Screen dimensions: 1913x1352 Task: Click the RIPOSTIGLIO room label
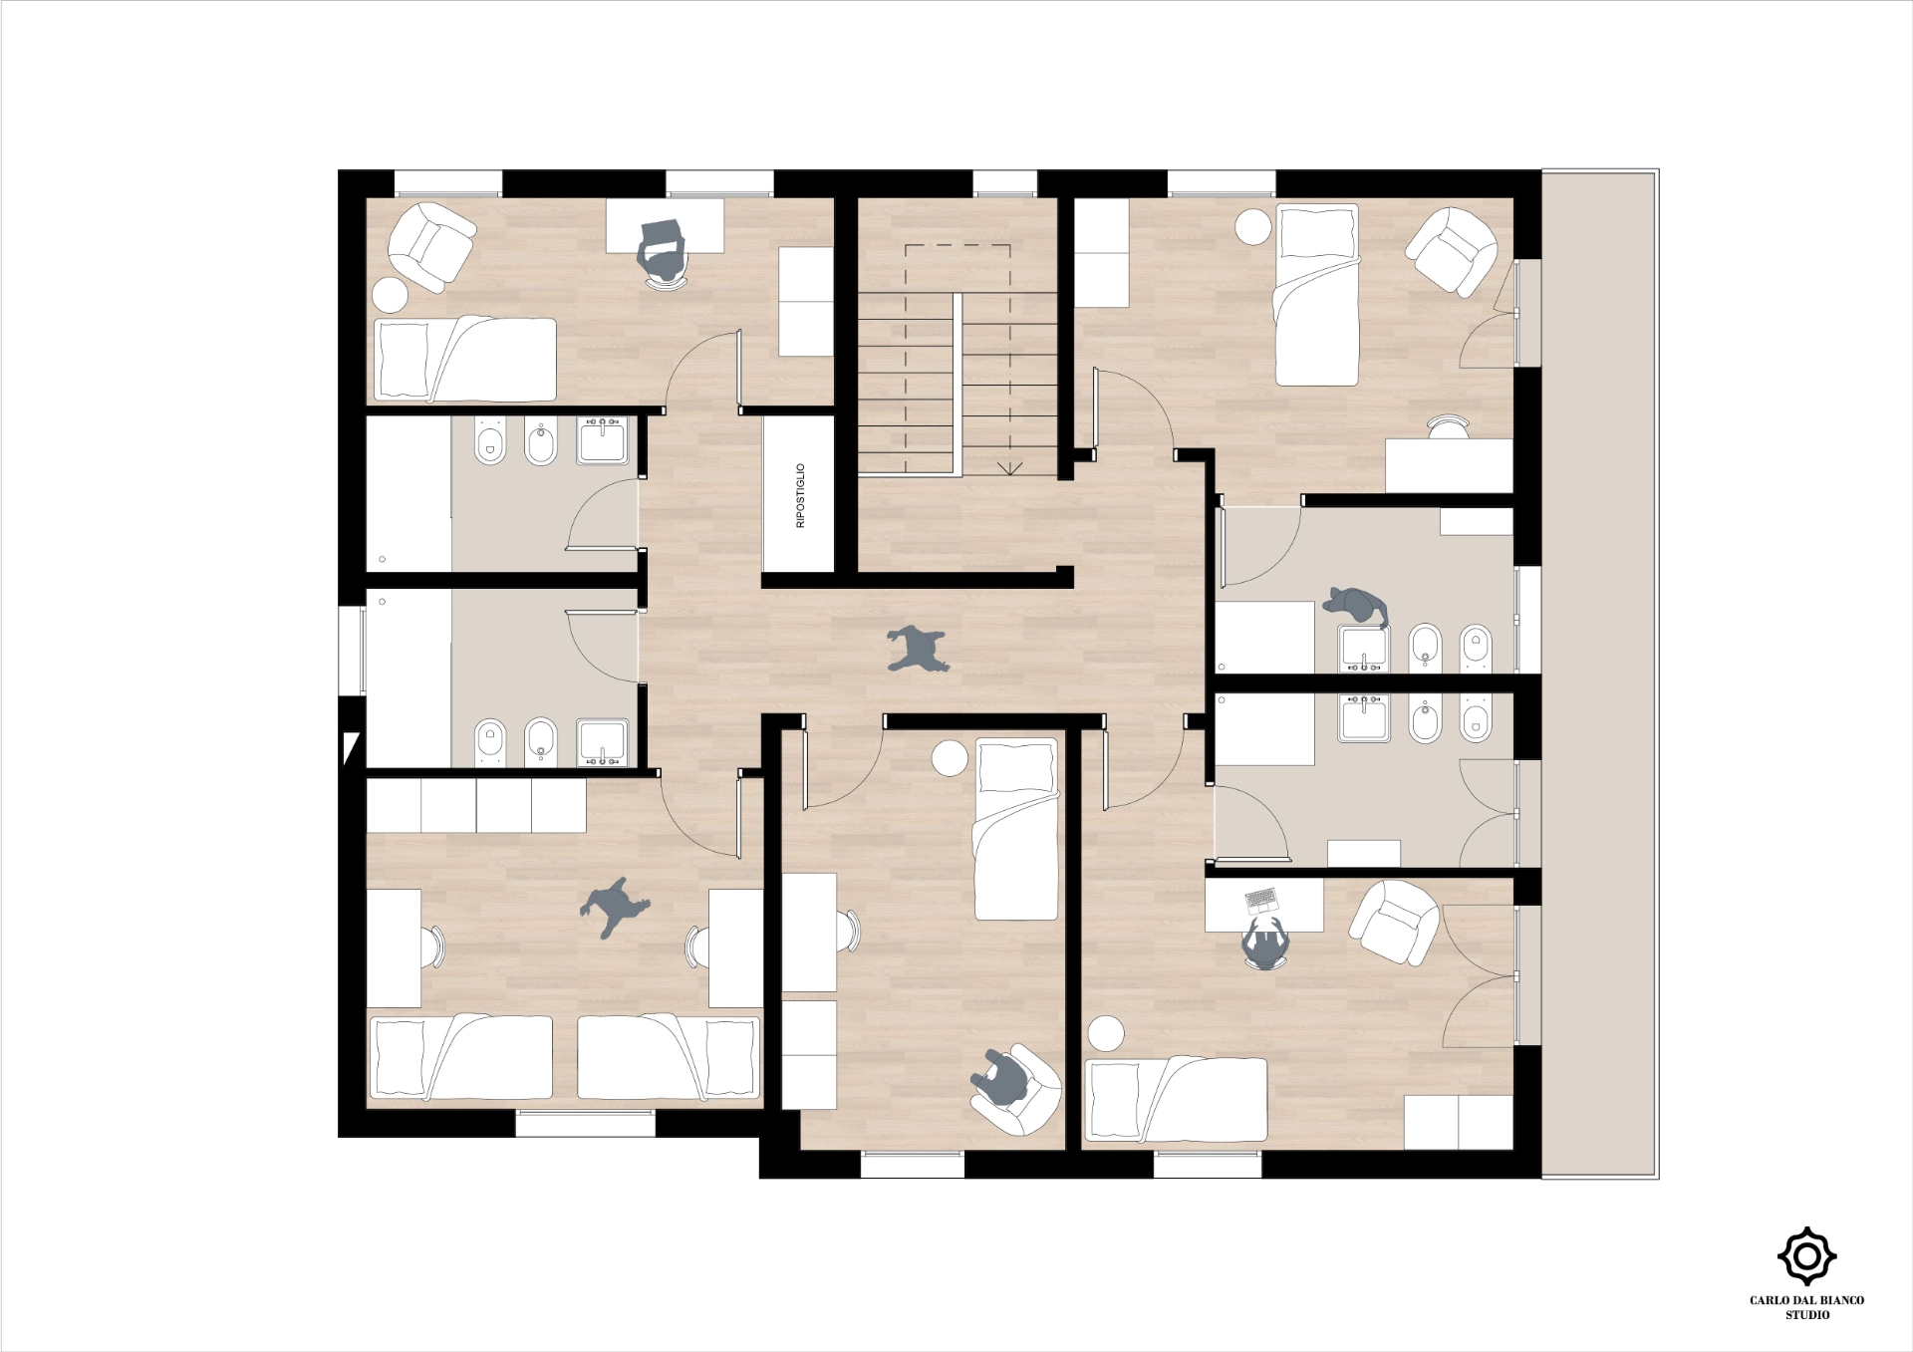coord(800,495)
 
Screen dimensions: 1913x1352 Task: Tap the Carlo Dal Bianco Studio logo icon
coord(1806,1256)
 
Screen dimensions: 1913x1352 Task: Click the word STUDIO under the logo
coord(1807,1315)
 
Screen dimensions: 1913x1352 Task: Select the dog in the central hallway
coord(918,649)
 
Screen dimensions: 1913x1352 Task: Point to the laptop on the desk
coord(1261,901)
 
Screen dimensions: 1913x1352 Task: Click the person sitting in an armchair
coord(1001,1081)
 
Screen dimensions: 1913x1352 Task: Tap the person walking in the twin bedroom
coord(614,907)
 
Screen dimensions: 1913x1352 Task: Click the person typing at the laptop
coord(1265,942)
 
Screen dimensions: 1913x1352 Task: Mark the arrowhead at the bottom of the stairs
coord(1010,468)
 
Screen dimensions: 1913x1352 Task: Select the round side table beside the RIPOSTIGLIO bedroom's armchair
coord(390,295)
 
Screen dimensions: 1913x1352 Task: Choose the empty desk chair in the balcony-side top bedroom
coord(1448,426)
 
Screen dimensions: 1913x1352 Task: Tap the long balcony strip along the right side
coord(1600,675)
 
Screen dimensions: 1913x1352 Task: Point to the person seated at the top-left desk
coord(662,253)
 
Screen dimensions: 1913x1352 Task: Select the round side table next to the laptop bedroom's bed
coord(1106,1034)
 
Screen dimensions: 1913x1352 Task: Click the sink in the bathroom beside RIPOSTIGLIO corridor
coord(603,440)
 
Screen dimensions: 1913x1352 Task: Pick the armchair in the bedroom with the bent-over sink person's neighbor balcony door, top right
coord(1452,251)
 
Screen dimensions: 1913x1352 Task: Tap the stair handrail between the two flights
coord(957,385)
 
